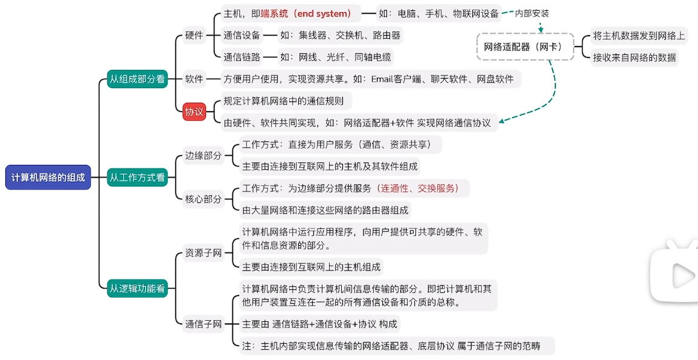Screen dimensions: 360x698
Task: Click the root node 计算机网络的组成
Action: click(48, 178)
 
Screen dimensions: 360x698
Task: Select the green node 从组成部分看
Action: click(137, 79)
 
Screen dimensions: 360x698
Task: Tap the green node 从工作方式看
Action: click(137, 178)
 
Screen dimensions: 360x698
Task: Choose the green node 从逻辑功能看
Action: click(137, 288)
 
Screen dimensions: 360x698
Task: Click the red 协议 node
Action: click(194, 112)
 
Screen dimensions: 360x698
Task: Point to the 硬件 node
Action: click(194, 36)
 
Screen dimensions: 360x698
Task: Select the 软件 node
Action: click(194, 79)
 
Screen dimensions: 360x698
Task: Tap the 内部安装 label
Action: click(532, 13)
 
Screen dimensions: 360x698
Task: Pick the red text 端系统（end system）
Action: click(306, 13)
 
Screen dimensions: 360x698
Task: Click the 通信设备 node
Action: click(242, 36)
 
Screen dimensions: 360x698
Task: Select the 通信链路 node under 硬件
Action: click(242, 57)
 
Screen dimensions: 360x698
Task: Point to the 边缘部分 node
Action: click(203, 155)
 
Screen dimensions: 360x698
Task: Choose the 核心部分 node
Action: click(203, 199)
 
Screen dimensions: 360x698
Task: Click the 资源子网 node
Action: click(203, 253)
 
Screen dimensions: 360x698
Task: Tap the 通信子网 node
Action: click(203, 324)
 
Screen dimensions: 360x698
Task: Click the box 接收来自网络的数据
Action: click(634, 57)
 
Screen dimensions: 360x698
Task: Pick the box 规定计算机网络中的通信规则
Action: click(284, 101)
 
